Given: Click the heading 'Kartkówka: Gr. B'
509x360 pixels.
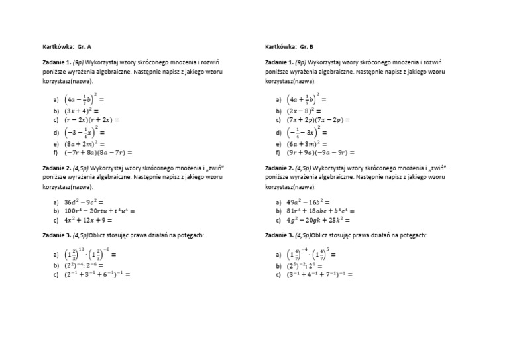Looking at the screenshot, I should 289,47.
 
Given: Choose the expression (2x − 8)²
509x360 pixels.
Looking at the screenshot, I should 304,111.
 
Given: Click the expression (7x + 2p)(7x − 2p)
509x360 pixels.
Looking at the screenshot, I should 318,121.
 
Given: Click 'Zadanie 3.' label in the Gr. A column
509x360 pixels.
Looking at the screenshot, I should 55,235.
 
